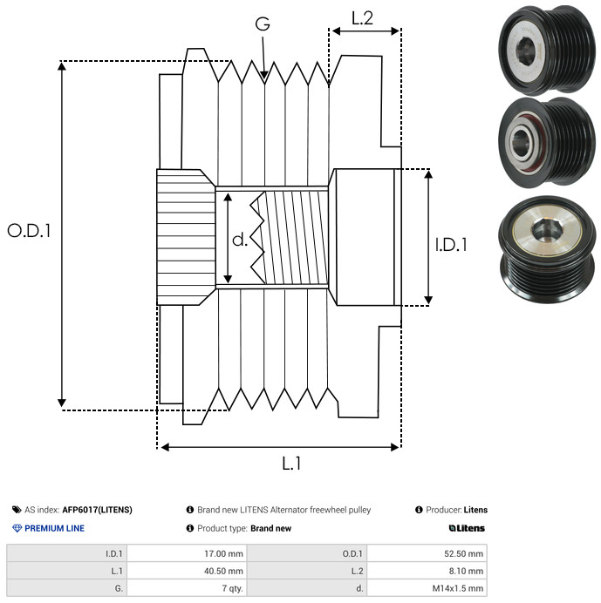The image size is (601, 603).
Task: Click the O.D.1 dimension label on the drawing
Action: tap(29, 231)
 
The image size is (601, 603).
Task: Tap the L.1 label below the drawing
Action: tap(290, 464)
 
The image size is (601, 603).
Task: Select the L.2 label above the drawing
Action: tap(362, 17)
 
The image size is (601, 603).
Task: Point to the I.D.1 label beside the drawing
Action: tap(451, 245)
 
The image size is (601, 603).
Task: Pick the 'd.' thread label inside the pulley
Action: tap(239, 239)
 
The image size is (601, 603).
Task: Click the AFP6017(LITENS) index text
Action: tap(97, 510)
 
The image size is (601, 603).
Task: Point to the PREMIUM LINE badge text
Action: tap(54, 528)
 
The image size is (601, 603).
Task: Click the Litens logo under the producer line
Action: tap(467, 528)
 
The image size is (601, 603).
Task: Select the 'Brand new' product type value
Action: tap(270, 528)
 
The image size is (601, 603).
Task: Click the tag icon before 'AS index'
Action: tap(17, 510)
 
